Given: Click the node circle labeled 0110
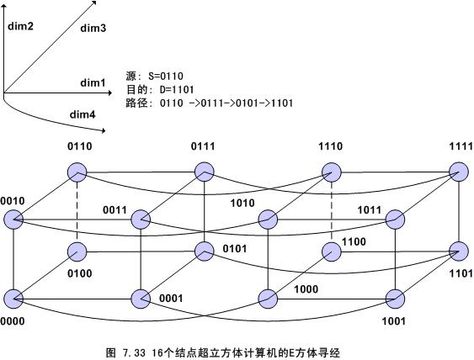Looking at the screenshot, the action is pos(77,172).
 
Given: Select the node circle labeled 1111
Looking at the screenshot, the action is pos(459,172).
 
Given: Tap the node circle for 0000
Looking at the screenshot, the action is pos(13,299).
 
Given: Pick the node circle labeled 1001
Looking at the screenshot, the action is pos(396,299).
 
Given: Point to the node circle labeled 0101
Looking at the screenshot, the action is pos(205,251).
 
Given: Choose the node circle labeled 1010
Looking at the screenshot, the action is pos(268,220).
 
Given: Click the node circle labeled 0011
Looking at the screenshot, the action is pos(141,220).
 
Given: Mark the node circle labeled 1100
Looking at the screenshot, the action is pos(332,251).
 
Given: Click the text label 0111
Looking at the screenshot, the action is pos(203,146).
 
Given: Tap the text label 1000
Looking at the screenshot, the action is pos(306,289).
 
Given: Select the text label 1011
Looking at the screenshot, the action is pos(370,210).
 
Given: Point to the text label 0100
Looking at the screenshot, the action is pos(80,273).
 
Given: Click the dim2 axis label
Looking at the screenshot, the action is pos(20,26).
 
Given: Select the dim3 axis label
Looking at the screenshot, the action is pos(93,28).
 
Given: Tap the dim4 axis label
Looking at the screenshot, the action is pos(83,114).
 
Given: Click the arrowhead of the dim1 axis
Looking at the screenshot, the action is pos(110,93).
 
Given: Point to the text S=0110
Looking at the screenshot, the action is pos(166,76).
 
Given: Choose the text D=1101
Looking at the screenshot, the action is pos(177,89).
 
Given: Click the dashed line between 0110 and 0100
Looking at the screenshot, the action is pos(77,212).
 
